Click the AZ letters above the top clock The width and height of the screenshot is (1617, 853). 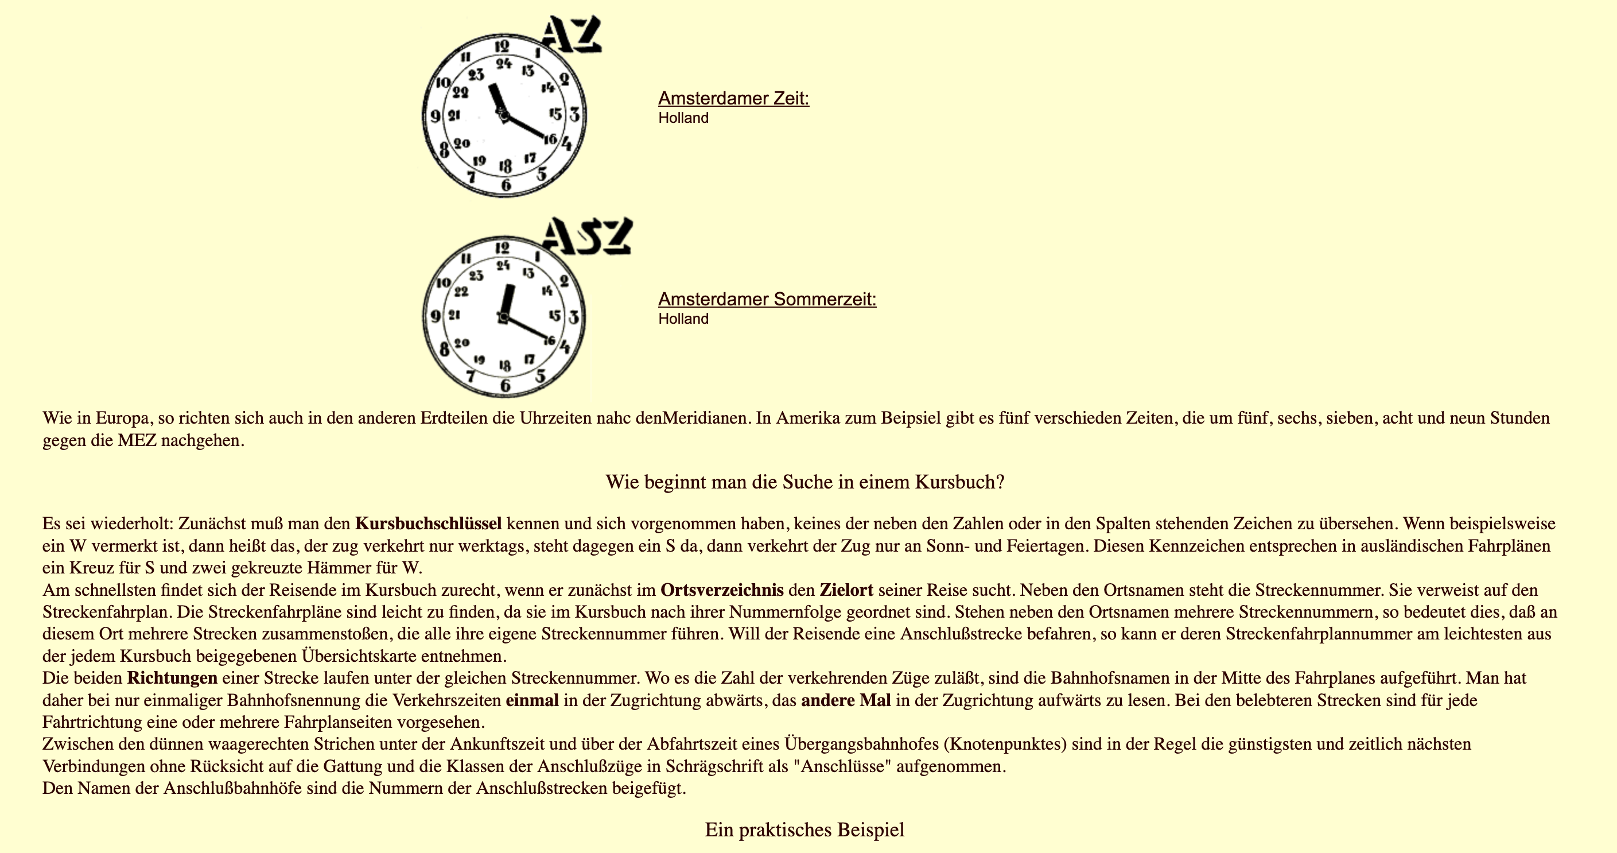pyautogui.click(x=571, y=34)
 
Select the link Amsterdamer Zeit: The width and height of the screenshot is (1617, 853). pyautogui.click(x=733, y=99)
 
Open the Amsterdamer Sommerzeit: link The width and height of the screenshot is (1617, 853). pyautogui.click(x=767, y=300)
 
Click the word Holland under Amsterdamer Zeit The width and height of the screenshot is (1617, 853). pyautogui.click(x=683, y=118)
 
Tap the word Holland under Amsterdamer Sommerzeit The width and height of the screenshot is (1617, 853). pyautogui.click(x=683, y=319)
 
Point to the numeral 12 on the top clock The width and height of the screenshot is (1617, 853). pyautogui.click(x=502, y=46)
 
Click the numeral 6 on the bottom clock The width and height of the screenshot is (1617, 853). pyautogui.click(x=506, y=385)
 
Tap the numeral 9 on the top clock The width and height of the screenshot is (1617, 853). pyautogui.click(x=435, y=116)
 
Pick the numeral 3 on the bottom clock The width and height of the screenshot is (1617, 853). pyautogui.click(x=574, y=317)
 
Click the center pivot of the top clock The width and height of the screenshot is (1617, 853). pyautogui.click(x=503, y=115)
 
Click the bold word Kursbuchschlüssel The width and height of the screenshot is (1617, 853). pyautogui.click(x=428, y=524)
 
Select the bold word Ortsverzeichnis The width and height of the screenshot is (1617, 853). pyautogui.click(x=722, y=591)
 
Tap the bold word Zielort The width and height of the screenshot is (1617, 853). pyautogui.click(x=846, y=591)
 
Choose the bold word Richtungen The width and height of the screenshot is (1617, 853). pyautogui.click(x=172, y=678)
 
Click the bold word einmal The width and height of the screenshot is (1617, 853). pyautogui.click(x=532, y=700)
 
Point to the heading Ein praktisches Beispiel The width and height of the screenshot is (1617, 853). pyautogui.click(x=804, y=830)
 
